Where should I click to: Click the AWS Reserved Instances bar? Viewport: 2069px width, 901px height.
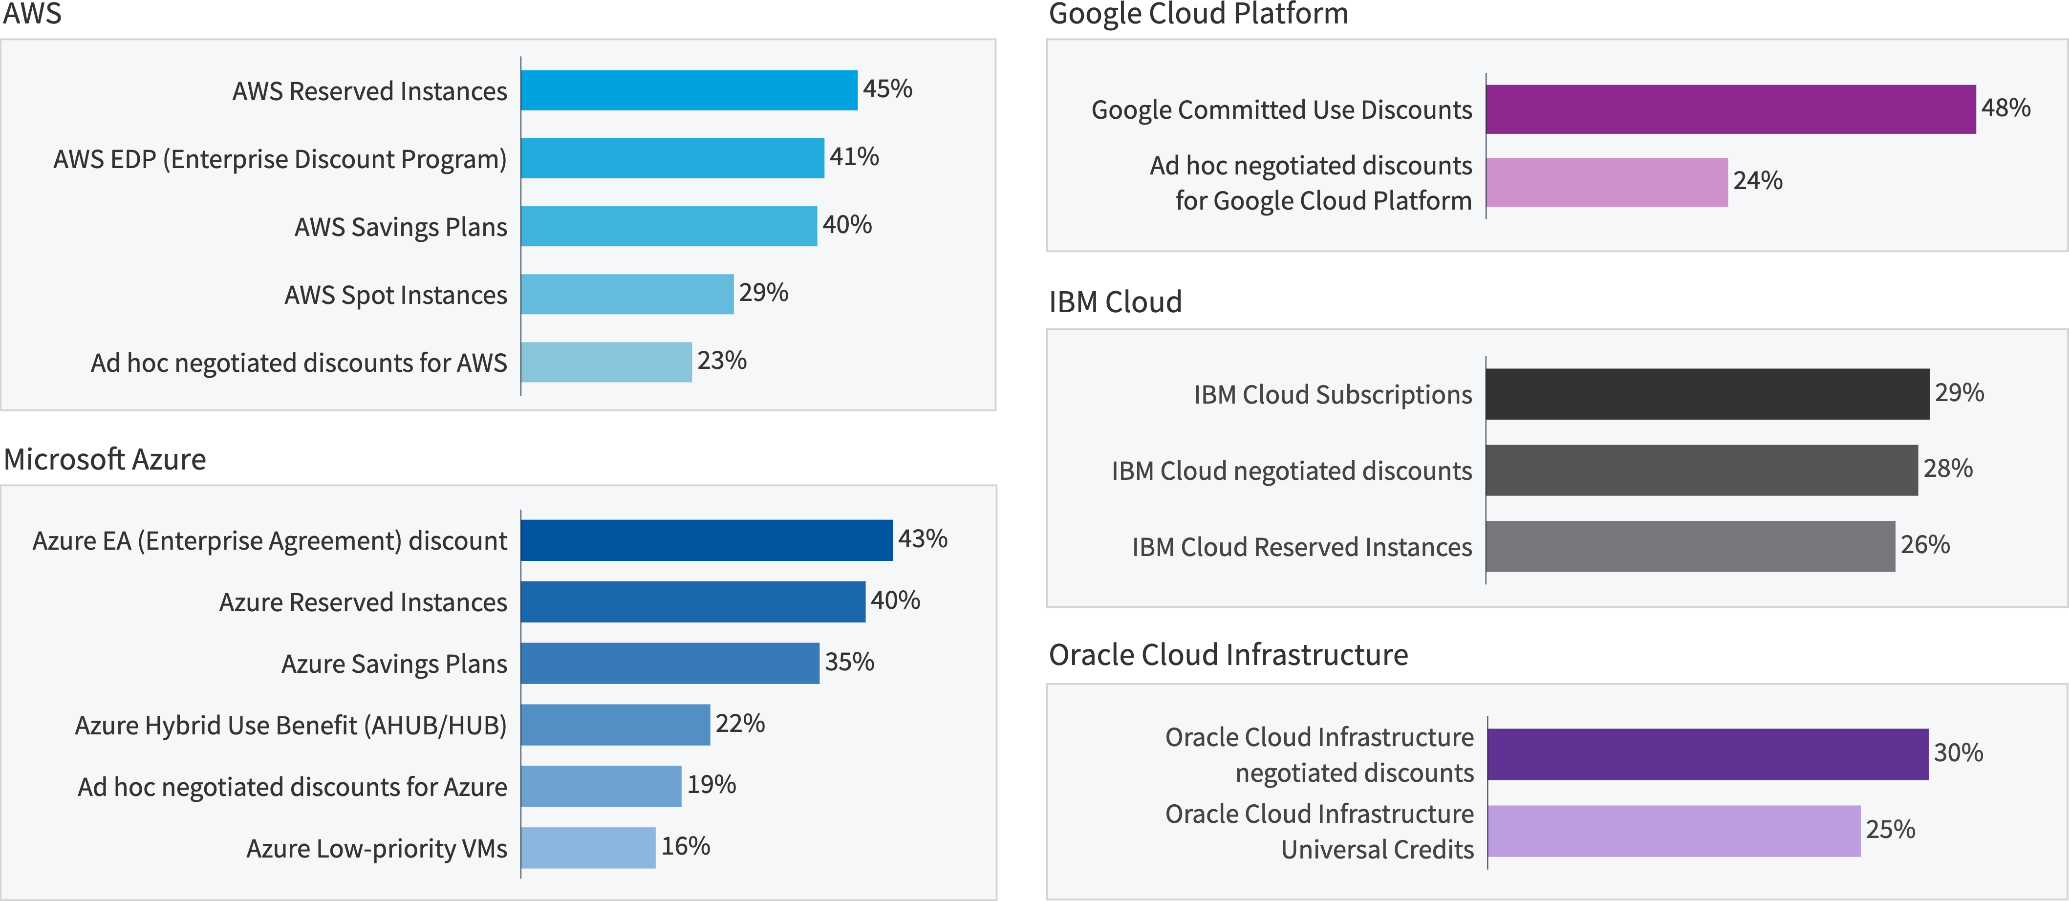click(689, 90)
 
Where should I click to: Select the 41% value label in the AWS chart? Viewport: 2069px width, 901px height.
click(854, 156)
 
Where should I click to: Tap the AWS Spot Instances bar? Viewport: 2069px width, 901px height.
click(626, 294)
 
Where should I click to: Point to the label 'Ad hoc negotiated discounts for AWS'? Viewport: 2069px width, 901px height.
click(299, 363)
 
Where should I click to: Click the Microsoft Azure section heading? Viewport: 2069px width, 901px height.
click(105, 459)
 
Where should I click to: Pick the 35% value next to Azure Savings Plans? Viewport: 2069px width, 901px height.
click(849, 662)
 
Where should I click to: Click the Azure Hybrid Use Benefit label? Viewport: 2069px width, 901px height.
click(291, 725)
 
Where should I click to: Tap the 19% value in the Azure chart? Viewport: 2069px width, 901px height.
click(711, 785)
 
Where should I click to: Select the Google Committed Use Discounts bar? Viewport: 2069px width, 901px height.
click(1730, 109)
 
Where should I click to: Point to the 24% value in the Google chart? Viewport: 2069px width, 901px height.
click(1757, 181)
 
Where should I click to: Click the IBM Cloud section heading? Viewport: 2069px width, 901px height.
click(1115, 302)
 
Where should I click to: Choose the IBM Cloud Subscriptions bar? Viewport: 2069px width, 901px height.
click(1707, 393)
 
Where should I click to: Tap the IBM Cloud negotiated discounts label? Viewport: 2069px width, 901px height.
click(1292, 471)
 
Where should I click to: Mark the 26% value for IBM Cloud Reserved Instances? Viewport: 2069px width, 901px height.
click(1924, 544)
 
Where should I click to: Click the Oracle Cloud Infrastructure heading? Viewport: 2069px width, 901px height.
click(1228, 654)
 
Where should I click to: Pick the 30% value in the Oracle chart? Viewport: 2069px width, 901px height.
click(1958, 752)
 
